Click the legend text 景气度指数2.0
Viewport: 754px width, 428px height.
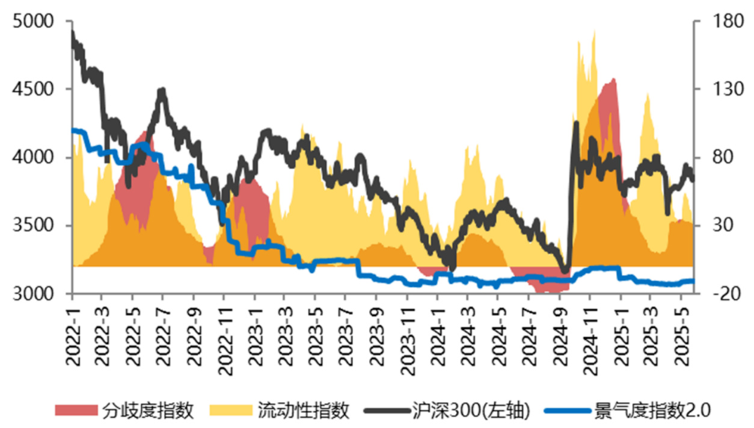tap(652, 411)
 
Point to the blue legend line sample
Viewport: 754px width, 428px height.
tap(566, 411)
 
